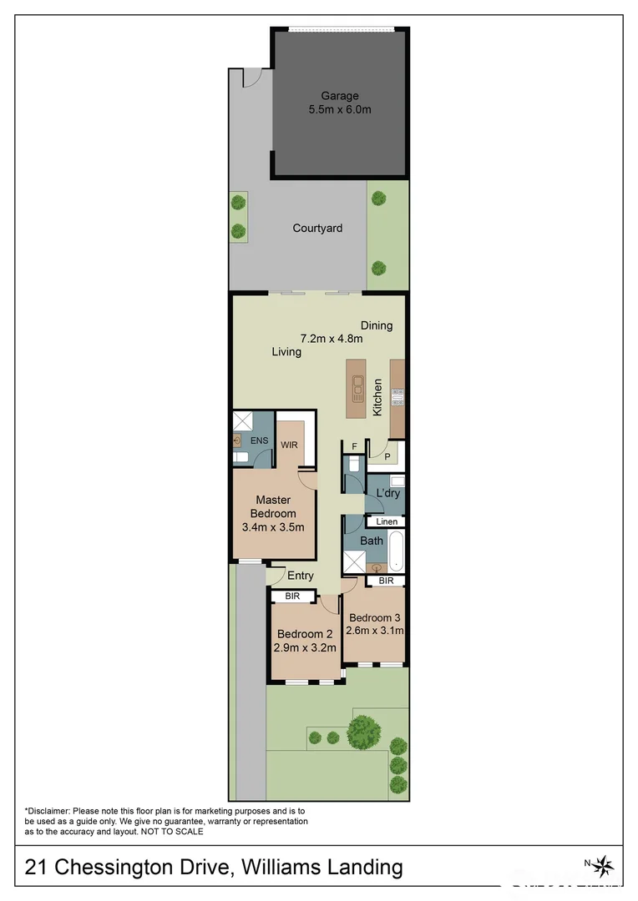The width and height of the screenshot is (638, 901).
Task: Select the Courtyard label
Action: pos(317,228)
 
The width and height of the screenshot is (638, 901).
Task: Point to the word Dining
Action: pos(377,325)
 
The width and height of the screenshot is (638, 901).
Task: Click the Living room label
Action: pos(286,352)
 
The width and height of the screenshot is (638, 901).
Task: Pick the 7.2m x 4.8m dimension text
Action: pos(332,339)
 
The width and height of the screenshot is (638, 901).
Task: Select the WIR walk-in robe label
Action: pos(289,445)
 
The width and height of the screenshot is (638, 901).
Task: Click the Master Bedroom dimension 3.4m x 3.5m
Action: pos(273,527)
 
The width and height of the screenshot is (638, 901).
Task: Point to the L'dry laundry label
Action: pos(388,493)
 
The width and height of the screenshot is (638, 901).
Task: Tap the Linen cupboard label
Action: pos(387,522)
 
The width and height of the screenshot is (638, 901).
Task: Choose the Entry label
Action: pos(301,576)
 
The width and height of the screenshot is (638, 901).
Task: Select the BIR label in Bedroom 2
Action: pos(292,596)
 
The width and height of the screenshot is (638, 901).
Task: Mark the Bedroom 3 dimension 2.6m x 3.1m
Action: pos(376,631)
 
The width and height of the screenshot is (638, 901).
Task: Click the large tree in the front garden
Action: pos(365,732)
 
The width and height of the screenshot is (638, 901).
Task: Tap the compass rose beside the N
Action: pos(606,864)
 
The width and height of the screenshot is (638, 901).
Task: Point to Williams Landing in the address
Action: pos(322,868)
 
